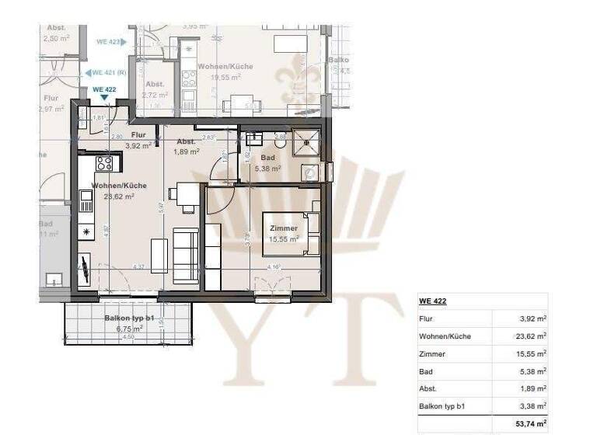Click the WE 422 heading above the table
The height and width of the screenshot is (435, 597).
tap(432, 301)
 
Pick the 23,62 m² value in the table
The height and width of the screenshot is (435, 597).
tap(529, 336)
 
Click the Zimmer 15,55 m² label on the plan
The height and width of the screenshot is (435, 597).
tap(284, 233)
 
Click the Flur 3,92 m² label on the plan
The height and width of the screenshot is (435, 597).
tap(138, 141)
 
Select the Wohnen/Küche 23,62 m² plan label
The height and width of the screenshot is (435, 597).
tap(119, 191)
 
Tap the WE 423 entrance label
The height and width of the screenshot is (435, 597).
tap(110, 42)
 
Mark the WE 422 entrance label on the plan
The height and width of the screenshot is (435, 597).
tap(104, 89)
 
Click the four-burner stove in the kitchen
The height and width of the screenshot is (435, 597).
tap(104, 163)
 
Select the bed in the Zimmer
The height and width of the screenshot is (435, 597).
tap(292, 232)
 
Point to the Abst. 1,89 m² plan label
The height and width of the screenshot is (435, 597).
tap(187, 146)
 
